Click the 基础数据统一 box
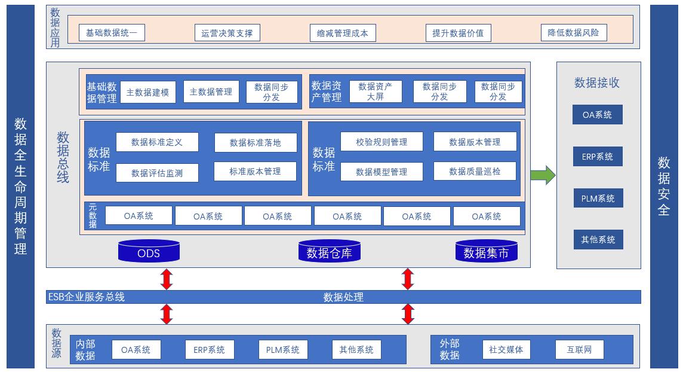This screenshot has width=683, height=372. (x=112, y=33)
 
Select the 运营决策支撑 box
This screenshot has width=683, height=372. (x=227, y=33)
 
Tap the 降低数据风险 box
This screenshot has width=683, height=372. (x=573, y=33)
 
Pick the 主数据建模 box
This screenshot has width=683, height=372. (x=148, y=93)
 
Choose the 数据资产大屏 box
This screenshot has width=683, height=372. (x=376, y=92)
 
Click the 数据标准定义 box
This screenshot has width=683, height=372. (x=157, y=142)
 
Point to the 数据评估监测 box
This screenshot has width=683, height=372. (x=157, y=173)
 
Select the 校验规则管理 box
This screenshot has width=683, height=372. (x=382, y=142)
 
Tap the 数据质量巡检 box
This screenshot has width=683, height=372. (x=475, y=172)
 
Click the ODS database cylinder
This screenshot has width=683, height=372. (x=149, y=251)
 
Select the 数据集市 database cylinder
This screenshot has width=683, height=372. (x=486, y=251)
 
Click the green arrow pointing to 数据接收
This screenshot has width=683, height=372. (x=543, y=175)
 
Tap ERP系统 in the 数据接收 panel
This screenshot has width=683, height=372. (x=598, y=157)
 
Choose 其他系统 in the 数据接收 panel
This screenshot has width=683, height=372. (x=598, y=239)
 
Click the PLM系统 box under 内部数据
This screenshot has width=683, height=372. (x=283, y=350)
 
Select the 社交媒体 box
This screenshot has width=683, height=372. (x=506, y=350)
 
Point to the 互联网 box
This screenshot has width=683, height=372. (x=579, y=350)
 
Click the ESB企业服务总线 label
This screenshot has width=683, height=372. (x=87, y=297)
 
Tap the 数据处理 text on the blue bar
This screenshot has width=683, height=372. (x=343, y=297)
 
